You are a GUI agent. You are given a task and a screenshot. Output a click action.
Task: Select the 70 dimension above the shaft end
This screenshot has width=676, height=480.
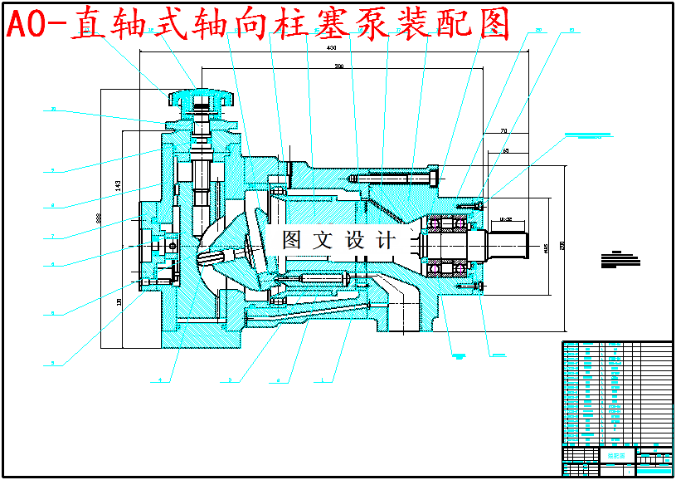[x=503, y=131]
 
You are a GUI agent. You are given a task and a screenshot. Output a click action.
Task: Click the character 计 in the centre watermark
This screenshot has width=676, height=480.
[x=386, y=241]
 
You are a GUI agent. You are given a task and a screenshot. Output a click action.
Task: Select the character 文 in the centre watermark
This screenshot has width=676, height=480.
[x=324, y=241]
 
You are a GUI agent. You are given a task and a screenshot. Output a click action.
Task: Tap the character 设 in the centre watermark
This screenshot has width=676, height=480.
[x=355, y=241]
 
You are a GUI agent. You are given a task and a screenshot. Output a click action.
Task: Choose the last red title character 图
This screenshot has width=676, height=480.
[x=494, y=25]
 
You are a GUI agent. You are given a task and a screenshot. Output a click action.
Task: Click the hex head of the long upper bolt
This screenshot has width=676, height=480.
[x=434, y=177]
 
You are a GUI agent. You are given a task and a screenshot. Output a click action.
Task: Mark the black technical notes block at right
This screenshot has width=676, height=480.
[x=623, y=258]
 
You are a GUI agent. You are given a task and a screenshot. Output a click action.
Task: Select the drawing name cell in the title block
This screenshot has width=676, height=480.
[x=616, y=455]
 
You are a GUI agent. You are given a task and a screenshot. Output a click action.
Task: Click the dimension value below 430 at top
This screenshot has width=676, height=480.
[x=338, y=65]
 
